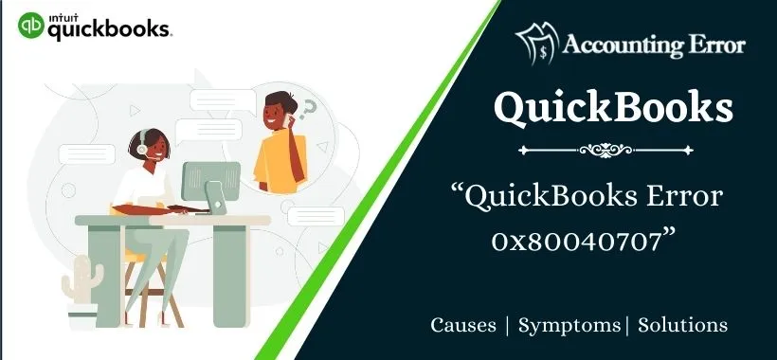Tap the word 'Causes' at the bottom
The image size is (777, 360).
[x=463, y=325]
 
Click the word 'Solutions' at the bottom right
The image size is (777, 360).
[x=683, y=325]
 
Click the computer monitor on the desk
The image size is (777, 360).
[x=210, y=183]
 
